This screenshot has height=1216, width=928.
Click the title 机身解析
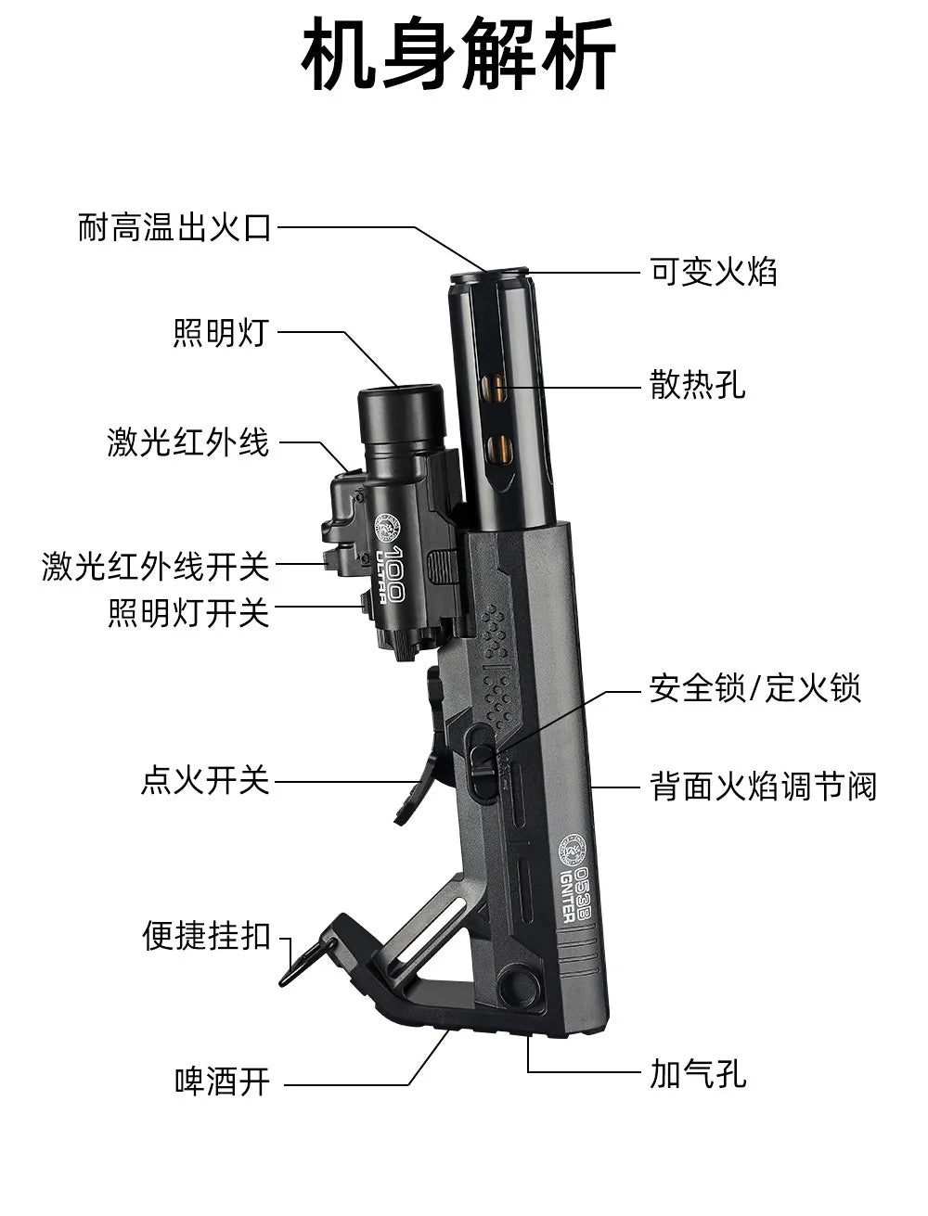click(458, 54)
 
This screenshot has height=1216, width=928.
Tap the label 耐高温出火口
click(174, 227)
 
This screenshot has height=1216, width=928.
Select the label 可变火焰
click(714, 272)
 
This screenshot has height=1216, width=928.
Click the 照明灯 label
click(221, 332)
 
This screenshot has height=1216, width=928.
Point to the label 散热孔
click(698, 385)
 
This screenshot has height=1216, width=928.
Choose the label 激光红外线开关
click(156, 566)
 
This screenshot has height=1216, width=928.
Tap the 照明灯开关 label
click(189, 613)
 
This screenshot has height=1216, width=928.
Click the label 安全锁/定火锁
click(755, 688)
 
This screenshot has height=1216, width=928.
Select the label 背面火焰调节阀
click(763, 787)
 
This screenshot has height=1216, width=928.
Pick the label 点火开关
click(205, 781)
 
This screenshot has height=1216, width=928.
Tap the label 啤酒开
click(222, 1082)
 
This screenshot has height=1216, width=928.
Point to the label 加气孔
click(698, 1074)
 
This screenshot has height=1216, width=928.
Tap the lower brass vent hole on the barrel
click(500, 449)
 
